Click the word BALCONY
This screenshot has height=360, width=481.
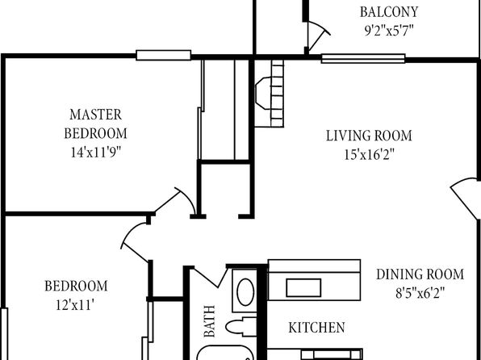[x=389, y=12]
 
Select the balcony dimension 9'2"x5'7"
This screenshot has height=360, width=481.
[x=389, y=31]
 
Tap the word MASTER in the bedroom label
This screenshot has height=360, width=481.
[x=96, y=115]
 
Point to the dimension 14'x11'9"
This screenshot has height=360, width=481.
[x=96, y=153]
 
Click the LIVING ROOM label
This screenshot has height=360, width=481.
[x=369, y=136]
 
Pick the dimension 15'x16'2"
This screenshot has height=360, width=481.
[x=369, y=155]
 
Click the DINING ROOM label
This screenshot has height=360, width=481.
[x=420, y=274]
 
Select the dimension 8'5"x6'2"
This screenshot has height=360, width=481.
[x=420, y=293]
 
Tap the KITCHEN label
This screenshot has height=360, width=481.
[x=316, y=328]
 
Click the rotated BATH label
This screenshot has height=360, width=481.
[x=210, y=321]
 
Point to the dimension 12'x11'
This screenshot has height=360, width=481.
[x=74, y=305]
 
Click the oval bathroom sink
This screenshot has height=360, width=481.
[x=245, y=292]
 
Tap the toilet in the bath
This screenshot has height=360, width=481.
[x=241, y=327]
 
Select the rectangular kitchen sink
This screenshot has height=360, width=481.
[x=303, y=288]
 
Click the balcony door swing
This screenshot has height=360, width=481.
[x=318, y=36]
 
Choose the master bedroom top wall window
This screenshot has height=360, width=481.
[x=164, y=55]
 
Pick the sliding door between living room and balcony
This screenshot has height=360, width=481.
[x=363, y=59]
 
